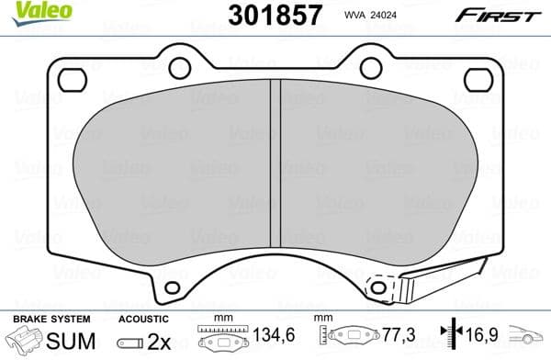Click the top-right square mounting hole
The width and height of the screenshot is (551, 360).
[x=478, y=80]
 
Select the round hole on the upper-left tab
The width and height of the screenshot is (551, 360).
[x=180, y=67]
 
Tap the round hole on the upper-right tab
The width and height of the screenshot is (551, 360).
[x=370, y=67]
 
